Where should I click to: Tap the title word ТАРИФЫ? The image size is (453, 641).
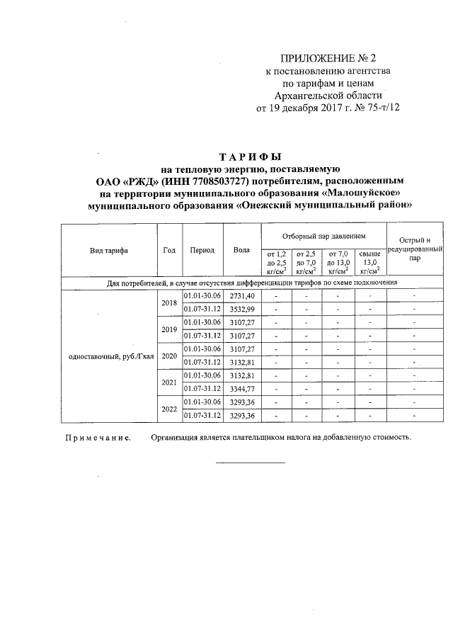[x=251, y=157]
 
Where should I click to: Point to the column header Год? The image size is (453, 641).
[x=169, y=250]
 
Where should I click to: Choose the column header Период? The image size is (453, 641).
[x=202, y=250]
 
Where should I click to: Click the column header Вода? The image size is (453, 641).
[x=241, y=250]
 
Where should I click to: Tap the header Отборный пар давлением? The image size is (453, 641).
[x=323, y=234]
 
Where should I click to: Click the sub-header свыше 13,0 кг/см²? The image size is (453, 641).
[x=369, y=261]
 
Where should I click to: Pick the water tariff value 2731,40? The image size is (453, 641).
[x=241, y=295]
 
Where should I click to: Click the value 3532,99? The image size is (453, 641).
[x=241, y=309]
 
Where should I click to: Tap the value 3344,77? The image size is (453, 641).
[x=241, y=389]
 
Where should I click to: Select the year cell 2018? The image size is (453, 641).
[x=169, y=302]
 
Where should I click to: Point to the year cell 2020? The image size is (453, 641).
[x=169, y=356]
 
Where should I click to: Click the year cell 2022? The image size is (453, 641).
[x=169, y=409]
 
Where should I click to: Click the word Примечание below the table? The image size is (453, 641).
[x=98, y=438]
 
